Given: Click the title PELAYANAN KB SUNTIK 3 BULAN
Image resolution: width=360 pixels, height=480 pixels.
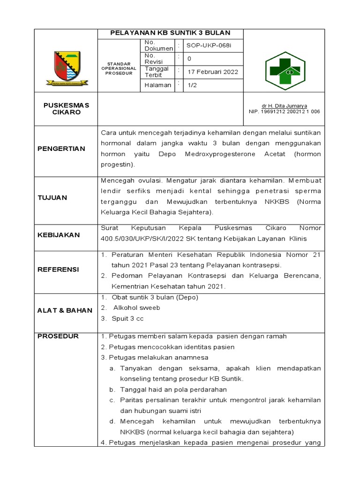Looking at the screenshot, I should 170,33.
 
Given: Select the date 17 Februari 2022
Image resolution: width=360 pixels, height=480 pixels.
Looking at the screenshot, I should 213,72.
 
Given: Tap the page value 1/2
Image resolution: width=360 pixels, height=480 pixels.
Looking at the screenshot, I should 192,85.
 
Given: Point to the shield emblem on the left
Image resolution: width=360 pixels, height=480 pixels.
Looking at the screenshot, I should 67,67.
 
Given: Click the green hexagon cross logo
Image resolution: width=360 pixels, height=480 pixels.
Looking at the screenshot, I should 285,70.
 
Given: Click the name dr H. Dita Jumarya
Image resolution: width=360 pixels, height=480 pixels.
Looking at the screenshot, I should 285,106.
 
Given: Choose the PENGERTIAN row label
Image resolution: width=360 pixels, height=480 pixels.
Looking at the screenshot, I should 61,149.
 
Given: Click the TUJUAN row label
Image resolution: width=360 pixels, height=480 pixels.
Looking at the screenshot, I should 52,197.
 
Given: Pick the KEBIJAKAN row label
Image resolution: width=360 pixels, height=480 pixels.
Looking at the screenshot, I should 59,235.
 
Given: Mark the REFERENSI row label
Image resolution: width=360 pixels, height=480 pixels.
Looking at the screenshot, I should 59,270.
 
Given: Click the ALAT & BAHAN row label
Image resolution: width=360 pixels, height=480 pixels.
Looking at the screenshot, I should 65,310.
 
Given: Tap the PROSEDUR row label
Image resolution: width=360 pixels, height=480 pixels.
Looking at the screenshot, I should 58,336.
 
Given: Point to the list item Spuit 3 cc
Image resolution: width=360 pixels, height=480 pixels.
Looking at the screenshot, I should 127,318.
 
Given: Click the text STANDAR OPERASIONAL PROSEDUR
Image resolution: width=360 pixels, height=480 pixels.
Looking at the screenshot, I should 118,68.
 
